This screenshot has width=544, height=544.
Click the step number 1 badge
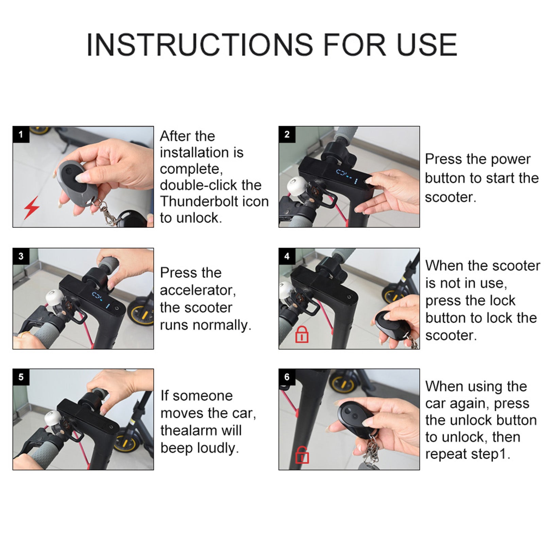coord(21,134)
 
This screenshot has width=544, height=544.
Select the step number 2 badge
coord(287,134)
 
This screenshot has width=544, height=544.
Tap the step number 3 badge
coord(21,256)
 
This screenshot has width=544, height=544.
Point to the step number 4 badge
coord(287,256)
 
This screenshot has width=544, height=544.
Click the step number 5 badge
coord(21,377)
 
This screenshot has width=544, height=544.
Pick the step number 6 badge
coord(287,377)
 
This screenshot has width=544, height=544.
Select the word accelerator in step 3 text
coord(198,290)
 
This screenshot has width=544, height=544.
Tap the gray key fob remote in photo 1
coord(76,182)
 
